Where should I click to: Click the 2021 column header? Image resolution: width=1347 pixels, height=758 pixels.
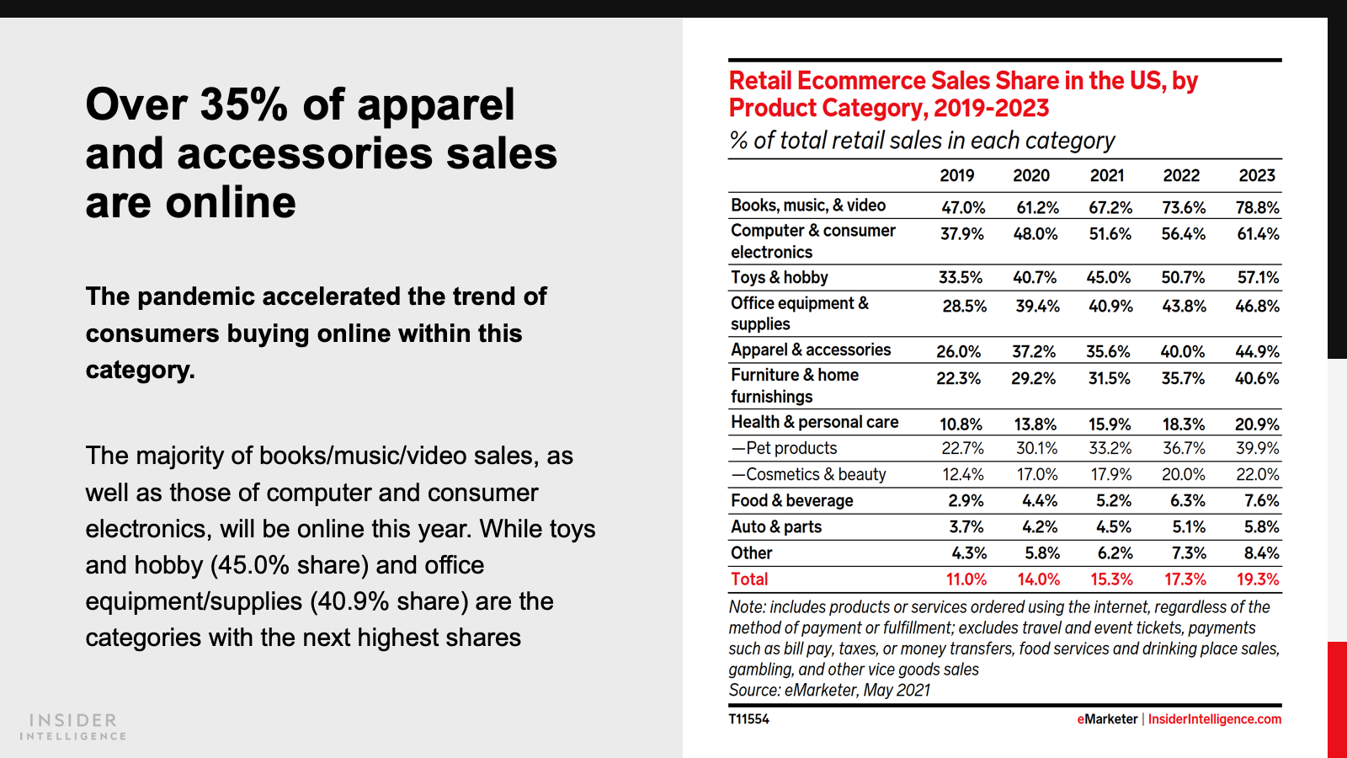coord(1107,175)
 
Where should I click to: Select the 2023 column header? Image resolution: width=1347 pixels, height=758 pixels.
coord(1257,175)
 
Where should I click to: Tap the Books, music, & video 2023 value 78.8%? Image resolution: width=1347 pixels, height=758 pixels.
coord(1258,207)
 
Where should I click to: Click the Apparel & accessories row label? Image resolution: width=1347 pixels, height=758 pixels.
coord(810,350)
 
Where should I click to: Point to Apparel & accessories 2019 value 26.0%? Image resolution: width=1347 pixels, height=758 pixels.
coord(958,351)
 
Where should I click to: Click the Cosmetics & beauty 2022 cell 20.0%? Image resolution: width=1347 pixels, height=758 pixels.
coord(1183,474)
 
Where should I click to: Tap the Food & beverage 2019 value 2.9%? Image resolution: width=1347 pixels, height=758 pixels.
coord(966,500)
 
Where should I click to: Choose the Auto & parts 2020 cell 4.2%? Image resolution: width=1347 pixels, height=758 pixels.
coord(1040,526)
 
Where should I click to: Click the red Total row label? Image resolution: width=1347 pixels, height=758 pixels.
coord(749,579)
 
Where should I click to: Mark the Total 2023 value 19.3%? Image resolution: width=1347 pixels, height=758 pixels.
coord(1258,579)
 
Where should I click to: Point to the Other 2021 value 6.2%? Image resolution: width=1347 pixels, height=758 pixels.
coord(1114,552)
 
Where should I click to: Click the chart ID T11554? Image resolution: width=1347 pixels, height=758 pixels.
coord(748,719)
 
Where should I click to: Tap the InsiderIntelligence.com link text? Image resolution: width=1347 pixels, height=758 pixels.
coord(1214,719)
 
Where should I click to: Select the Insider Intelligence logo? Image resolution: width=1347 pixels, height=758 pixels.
coord(73,726)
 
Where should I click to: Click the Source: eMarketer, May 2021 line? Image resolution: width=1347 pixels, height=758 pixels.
coord(829,690)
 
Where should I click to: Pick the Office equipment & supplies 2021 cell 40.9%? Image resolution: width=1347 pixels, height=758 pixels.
coord(1110,306)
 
